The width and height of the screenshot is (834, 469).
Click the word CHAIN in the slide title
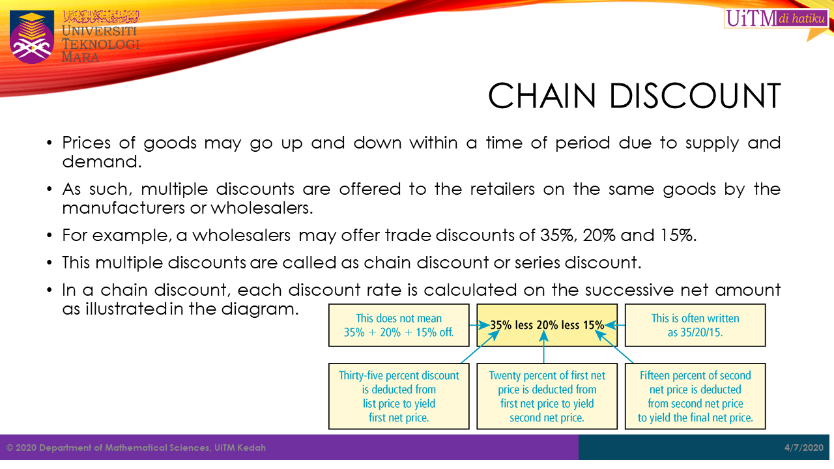542,95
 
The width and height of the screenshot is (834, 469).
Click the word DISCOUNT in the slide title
695,95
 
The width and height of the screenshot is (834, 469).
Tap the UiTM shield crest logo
32,36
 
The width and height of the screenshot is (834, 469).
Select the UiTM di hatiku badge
776,18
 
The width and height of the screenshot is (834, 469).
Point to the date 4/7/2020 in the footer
804,448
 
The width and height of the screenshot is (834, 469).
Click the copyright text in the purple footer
136,448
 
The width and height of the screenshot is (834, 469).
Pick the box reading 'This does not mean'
399,325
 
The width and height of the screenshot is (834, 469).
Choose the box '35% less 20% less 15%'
547,325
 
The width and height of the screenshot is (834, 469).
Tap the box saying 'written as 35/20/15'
695,325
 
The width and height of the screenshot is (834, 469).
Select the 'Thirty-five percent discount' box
399,397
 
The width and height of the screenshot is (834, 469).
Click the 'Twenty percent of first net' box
547,397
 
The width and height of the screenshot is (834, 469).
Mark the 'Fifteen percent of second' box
695,397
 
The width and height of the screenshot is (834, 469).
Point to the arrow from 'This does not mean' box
479,325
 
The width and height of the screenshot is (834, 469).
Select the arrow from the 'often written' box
614,325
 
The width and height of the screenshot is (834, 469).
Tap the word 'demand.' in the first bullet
102,162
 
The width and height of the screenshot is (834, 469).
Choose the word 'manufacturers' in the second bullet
124,208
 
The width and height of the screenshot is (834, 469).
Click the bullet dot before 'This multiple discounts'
49,263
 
